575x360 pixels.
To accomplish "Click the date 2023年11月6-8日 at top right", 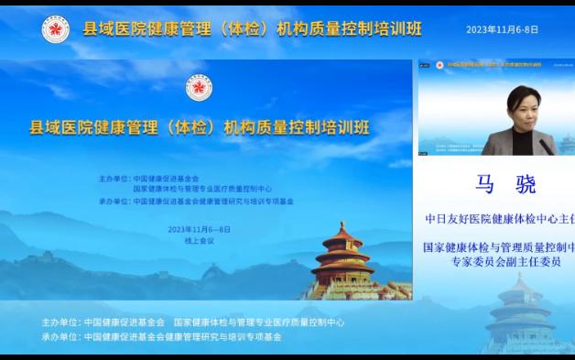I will tap(502, 29).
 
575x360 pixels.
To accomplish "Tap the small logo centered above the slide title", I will tap(200, 88).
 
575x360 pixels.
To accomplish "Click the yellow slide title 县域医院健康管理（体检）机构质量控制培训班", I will tap(200, 126).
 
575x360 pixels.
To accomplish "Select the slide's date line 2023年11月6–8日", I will tap(200, 229).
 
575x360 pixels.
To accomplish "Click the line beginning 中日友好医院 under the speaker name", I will tap(498, 220).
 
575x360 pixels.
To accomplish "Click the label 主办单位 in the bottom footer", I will tap(60, 322).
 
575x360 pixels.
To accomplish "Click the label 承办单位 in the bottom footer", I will tap(60, 336).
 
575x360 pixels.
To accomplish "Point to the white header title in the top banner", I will tap(253, 29).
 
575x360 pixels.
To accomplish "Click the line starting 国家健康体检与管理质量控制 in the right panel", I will tap(498, 247).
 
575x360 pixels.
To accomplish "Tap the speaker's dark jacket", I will tap(509, 142).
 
